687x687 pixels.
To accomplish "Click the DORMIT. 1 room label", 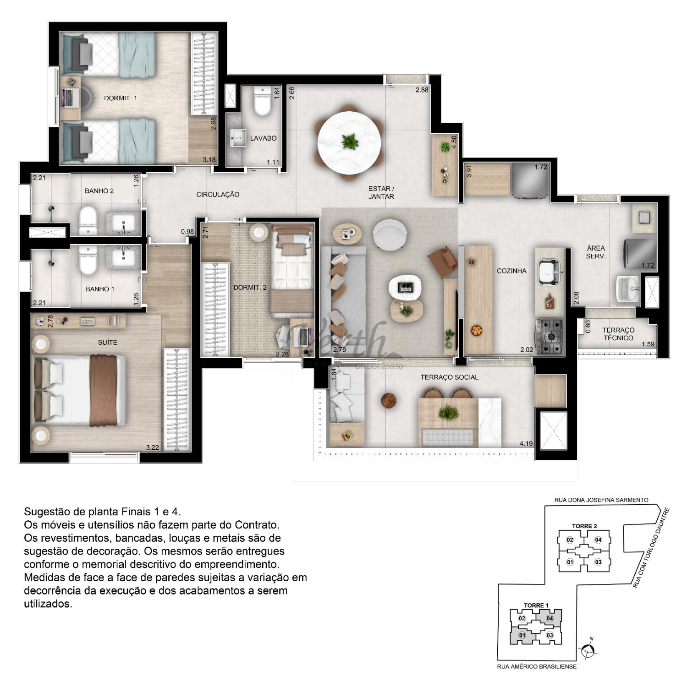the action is point(120,98).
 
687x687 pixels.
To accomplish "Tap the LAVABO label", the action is point(263,138).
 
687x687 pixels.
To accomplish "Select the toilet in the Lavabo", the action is point(263,101).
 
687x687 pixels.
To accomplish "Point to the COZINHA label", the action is point(511,271).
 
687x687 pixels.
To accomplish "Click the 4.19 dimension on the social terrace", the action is point(526,443).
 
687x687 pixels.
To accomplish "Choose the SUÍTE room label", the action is point(107,343).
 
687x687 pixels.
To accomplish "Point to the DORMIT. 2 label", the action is point(250,288).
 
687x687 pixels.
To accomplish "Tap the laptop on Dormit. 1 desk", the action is point(70,97).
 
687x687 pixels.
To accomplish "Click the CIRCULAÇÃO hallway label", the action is point(218,195).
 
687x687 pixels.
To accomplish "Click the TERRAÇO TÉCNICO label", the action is point(618,334).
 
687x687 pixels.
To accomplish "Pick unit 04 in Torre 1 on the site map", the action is point(550,618).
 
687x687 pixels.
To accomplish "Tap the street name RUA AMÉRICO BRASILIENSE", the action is point(537,666).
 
